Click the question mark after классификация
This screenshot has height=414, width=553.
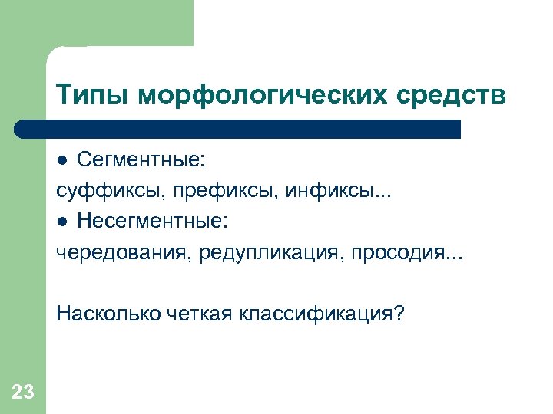coord(397,314)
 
